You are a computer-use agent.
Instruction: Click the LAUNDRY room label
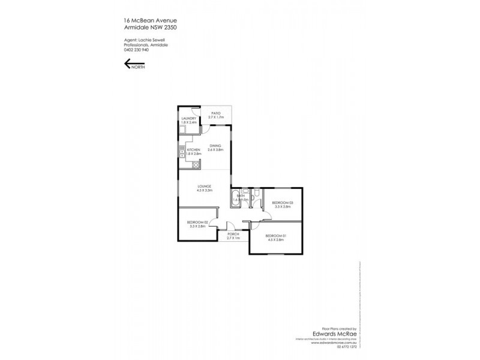(x=189, y=119)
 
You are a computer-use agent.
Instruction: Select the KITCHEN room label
(x=193, y=150)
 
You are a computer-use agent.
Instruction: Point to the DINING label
(x=215, y=145)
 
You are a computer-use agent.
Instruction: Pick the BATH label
(x=239, y=196)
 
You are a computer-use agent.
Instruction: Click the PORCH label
(x=233, y=235)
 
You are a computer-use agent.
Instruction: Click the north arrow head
(x=127, y=65)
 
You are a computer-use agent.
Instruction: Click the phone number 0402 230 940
(x=131, y=50)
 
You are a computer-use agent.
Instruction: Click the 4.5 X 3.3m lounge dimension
(x=205, y=191)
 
